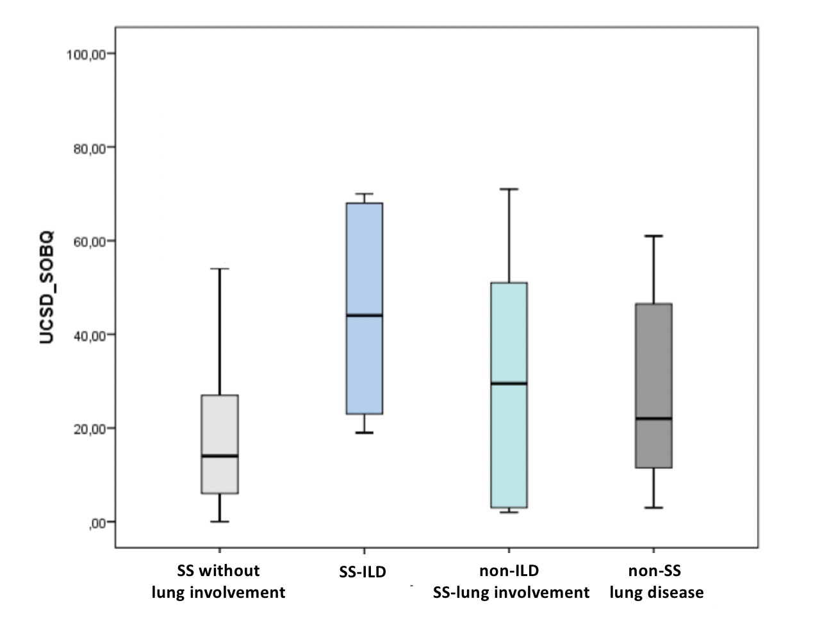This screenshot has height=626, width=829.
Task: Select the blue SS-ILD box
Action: pos(364,256)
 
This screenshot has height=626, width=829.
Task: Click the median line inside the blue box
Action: pos(364,315)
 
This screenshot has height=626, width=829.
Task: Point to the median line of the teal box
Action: pos(509,383)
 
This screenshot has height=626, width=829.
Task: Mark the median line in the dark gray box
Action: pos(653,419)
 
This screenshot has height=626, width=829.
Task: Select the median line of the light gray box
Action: pos(220,456)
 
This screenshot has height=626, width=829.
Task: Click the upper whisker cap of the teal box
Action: pos(509,189)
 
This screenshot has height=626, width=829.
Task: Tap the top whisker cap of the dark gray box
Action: pos(653,236)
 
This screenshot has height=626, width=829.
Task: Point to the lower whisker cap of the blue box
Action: pos(364,433)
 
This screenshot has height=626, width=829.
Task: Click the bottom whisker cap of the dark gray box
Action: pos(653,508)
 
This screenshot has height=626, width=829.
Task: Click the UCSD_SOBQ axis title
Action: pos(47,287)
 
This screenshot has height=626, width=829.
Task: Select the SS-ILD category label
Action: pos(363,572)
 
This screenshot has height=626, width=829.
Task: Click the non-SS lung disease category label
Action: pos(656,581)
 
